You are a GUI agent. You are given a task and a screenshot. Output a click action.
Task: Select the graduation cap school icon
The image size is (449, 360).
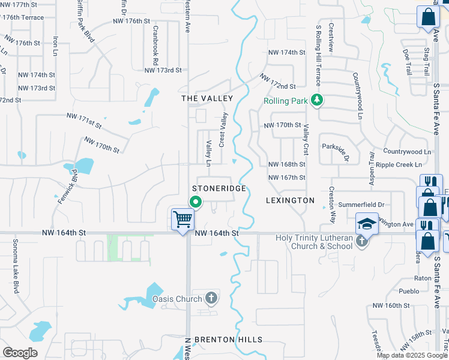pyautogui.click(x=367, y=224)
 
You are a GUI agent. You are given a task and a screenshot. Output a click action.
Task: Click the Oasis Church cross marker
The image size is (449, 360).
pyautogui.click(x=211, y=298)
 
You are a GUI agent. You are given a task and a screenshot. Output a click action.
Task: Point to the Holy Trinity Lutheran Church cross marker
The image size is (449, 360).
pyautogui.click(x=361, y=241)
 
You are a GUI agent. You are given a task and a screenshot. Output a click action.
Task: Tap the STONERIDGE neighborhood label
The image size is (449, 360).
pyautogui.click(x=218, y=188)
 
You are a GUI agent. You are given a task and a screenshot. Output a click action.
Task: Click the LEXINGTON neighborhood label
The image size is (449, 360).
pyautogui.click(x=291, y=200)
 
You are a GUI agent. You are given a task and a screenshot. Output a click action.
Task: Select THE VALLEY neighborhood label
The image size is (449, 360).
pyautogui.click(x=207, y=98)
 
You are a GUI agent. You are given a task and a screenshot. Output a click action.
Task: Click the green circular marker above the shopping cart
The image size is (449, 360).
pyautogui.click(x=196, y=203)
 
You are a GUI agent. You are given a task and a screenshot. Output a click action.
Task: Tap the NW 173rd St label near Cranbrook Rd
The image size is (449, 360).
pyautogui.click(x=163, y=70)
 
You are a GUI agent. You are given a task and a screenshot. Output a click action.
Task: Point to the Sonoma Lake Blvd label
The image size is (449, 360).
pyautogui.click(x=14, y=266)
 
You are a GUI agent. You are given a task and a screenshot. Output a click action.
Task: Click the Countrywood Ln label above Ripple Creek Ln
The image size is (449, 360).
pyautogui.click(x=407, y=152)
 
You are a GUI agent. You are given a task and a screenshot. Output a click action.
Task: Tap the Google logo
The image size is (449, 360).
pyautogui.click(x=20, y=353)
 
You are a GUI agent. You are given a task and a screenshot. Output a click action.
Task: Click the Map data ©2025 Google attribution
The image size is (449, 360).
pyautogui.click(x=411, y=355)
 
